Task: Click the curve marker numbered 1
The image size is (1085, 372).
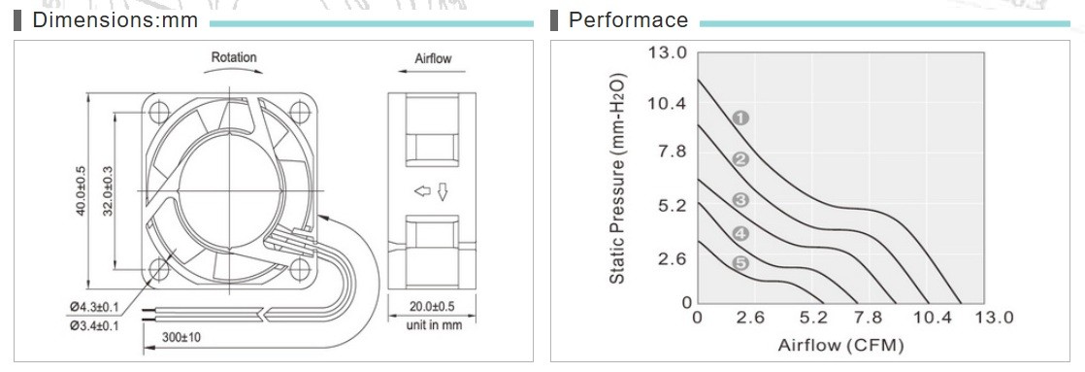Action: (740, 118)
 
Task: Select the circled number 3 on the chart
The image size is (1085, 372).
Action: (740, 201)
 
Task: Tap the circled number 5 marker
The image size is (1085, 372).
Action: (740, 263)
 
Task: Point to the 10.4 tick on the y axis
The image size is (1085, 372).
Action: (666, 104)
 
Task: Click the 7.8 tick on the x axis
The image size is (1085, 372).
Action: (868, 318)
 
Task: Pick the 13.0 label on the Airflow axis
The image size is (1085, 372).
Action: (994, 318)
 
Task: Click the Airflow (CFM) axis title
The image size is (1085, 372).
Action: (840, 344)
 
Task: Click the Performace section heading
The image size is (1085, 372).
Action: (628, 20)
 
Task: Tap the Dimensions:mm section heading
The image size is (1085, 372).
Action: (115, 20)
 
